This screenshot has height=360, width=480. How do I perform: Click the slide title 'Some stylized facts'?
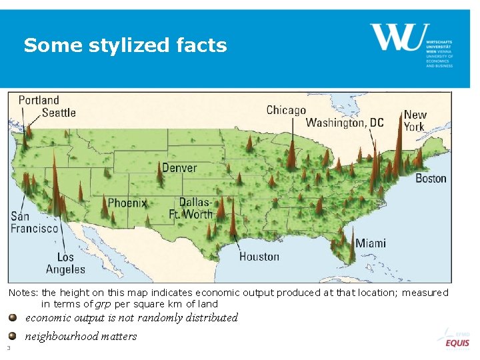coord(125,45)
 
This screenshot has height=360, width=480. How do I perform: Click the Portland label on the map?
coord(39,100)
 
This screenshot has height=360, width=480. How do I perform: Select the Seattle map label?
coord(59,113)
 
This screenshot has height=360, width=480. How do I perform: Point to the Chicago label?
coord(286,110)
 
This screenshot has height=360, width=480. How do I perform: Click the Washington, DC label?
coord(345,123)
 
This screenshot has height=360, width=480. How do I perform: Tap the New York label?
coord(415,121)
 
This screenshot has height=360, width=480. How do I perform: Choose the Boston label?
coord(431,178)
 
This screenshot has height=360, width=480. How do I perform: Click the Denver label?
coord(179,167)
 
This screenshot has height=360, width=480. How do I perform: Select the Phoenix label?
coord(127,203)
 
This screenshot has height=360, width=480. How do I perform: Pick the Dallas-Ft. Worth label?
coord(195,208)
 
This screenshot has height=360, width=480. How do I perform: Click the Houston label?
coord(259,256)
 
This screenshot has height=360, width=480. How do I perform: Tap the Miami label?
coord(370,243)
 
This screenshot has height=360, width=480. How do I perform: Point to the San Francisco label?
coord(34,223)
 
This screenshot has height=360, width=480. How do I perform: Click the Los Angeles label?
coord(65,263)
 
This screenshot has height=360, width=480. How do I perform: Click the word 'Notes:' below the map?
coord(23,293)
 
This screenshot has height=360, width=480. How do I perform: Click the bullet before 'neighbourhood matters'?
coord(13,336)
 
